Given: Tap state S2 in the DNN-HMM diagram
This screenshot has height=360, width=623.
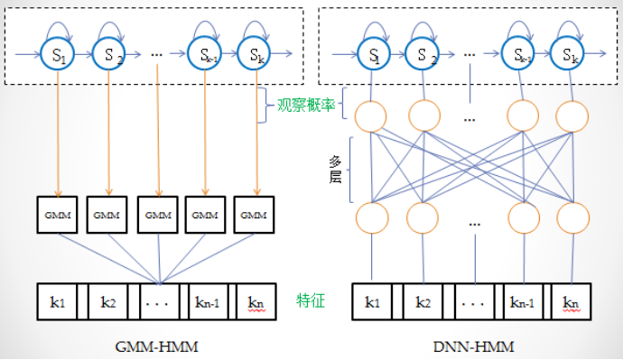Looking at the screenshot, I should [422, 54].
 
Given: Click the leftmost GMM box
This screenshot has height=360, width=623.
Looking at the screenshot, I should [60, 216].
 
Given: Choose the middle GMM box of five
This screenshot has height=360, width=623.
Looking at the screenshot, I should [158, 216].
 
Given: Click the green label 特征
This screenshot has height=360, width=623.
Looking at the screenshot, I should [311, 299].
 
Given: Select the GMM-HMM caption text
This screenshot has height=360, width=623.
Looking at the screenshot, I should [158, 343].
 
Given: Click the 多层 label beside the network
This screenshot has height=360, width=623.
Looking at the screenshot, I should [335, 168].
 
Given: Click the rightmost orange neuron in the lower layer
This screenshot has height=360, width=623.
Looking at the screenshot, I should [571, 217].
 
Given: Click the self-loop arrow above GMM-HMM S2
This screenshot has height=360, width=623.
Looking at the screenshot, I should [109, 24].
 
